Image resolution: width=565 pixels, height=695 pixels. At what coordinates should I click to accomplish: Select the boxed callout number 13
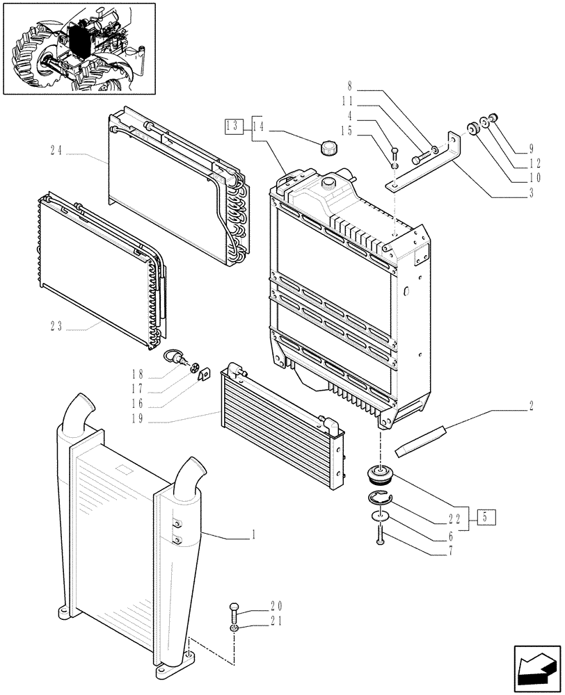232,126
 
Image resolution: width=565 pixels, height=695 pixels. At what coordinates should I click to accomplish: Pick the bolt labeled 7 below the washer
381,534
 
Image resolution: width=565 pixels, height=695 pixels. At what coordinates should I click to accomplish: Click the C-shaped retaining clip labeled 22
379,497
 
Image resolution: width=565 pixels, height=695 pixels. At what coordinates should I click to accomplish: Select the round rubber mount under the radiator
381,476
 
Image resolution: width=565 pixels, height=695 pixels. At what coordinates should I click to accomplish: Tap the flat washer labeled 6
380,516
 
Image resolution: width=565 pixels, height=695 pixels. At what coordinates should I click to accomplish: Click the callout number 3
532,193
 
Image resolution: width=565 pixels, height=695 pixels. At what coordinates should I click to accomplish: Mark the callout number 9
532,148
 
